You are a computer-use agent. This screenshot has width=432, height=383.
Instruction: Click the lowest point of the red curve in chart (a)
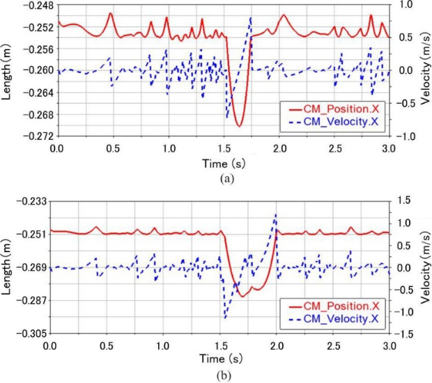[x=239, y=126]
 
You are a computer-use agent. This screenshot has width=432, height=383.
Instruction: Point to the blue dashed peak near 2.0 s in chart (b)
[x=276, y=215]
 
